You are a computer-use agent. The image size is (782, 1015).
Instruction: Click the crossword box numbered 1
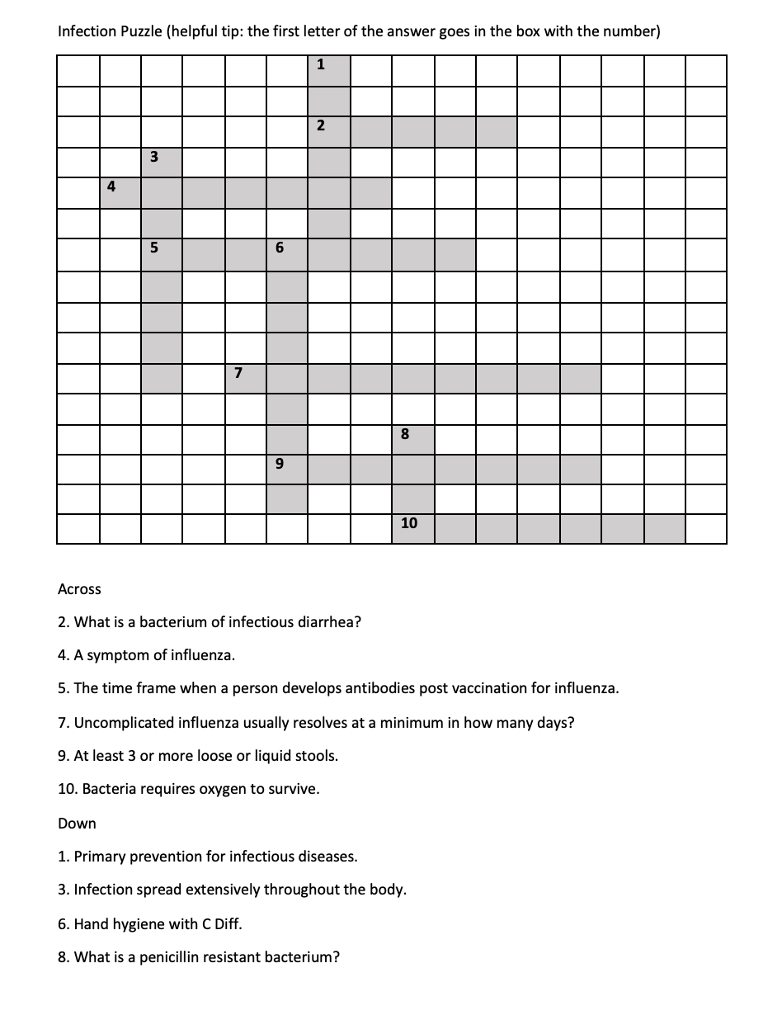point(328,69)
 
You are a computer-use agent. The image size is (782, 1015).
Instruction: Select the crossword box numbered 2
point(328,131)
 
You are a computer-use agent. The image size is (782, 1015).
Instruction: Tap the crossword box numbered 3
point(162,162)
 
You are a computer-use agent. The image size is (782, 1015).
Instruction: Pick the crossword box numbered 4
point(120,192)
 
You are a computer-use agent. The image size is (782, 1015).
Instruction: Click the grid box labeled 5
point(162,254)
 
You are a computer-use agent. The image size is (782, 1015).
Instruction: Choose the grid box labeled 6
point(286,254)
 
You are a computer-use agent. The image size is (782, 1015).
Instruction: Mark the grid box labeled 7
point(245,378)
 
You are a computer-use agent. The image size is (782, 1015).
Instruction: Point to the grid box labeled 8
point(412,439)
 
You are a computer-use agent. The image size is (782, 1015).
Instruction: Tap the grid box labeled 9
point(286,470)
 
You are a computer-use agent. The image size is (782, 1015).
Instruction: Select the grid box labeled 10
point(412,529)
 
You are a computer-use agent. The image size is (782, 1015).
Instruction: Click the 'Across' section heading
point(79,589)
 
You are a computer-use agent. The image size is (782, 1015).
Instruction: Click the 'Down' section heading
point(77,824)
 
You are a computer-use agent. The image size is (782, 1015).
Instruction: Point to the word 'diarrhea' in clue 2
point(329,622)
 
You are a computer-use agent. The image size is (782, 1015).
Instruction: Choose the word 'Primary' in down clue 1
point(98,857)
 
